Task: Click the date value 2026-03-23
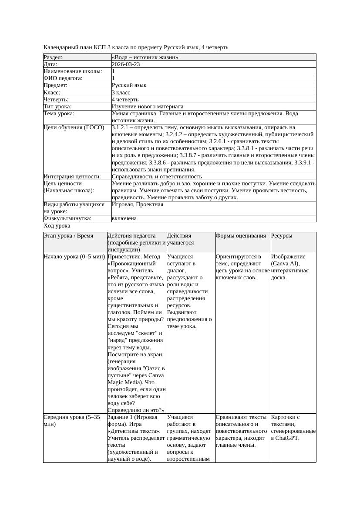[x=126, y=64]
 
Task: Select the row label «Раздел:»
[x=53, y=57]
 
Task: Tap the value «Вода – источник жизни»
[x=145, y=57]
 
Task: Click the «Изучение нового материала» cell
[x=148, y=107]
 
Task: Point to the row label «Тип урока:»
[x=57, y=107]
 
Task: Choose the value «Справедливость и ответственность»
[x=157, y=177]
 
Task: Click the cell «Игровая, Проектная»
[x=138, y=204]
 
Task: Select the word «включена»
[x=124, y=218]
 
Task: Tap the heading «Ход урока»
[x=57, y=226]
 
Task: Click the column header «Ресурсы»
[x=282, y=236]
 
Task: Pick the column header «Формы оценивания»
[x=241, y=236]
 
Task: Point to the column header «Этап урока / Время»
[x=68, y=236]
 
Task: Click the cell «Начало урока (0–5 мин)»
[x=74, y=257]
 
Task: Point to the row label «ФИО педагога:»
[x=64, y=78]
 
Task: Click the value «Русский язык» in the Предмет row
[x=129, y=85]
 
